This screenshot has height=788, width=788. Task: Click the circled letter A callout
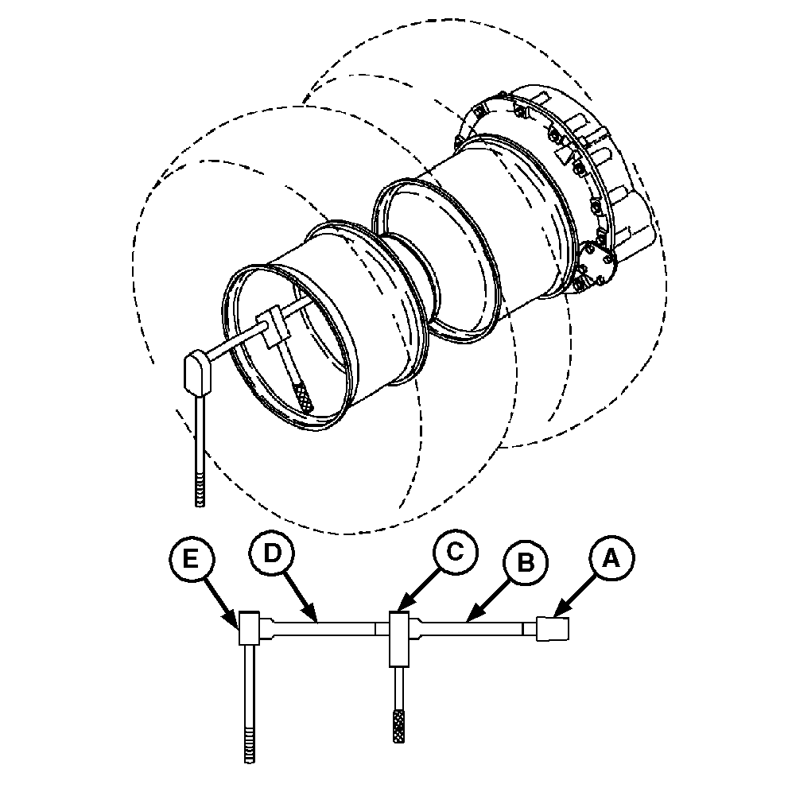[611, 559]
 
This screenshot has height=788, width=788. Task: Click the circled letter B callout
[526, 562]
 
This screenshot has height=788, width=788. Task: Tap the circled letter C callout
[455, 552]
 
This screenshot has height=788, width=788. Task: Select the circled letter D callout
[271, 553]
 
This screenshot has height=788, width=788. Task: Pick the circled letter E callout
[191, 558]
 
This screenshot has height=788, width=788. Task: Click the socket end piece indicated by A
[553, 629]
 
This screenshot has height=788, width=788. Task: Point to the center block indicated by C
[400, 639]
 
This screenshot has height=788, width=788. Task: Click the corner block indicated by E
[249, 628]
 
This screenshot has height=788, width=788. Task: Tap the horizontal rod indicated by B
[473, 629]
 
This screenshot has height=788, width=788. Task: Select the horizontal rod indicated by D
[324, 629]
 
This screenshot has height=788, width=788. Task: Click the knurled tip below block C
[399, 725]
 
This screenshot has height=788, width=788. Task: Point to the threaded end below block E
[249, 743]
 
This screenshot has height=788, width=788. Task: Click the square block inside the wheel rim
[272, 327]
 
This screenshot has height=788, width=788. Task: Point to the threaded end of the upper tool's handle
[200, 490]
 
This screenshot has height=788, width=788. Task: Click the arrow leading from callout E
[220, 603]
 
